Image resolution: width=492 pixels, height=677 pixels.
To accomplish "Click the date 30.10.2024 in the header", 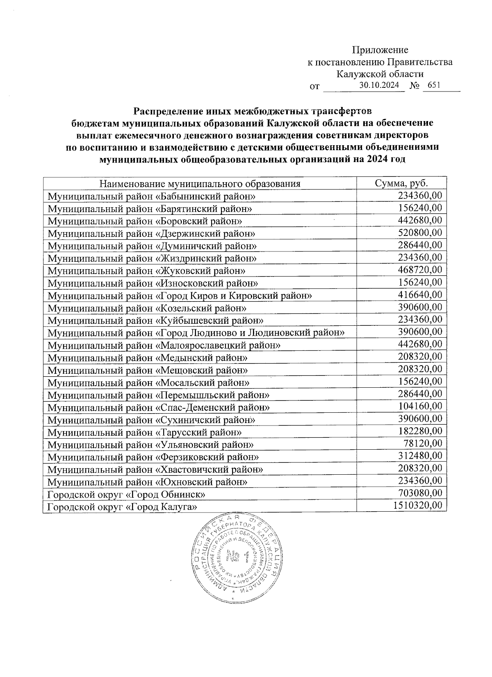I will (x=379, y=85).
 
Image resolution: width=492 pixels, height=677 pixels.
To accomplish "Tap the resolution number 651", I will (x=434, y=85).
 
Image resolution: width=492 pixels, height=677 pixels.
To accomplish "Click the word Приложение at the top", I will (x=380, y=50).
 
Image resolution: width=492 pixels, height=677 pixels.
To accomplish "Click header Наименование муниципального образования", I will (x=200, y=183).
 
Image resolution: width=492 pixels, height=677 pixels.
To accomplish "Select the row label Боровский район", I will (x=145, y=221).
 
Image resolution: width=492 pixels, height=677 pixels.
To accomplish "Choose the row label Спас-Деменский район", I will (x=159, y=408).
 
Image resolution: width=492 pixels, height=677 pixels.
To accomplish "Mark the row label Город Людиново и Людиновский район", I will (x=196, y=333).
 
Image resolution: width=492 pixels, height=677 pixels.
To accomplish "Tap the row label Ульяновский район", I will (x=150, y=445).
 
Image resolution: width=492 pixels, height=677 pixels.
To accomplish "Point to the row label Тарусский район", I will (x=144, y=432).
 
